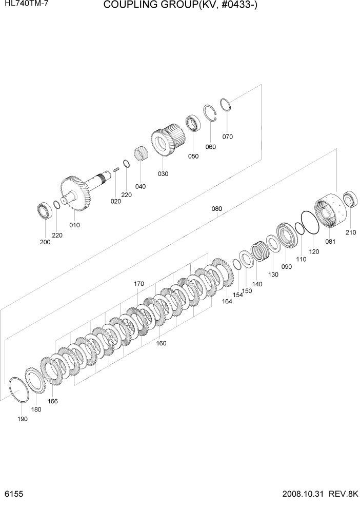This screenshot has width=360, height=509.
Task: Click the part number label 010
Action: pyautogui.click(x=74, y=225)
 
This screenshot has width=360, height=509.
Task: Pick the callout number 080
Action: pyautogui.click(x=217, y=209)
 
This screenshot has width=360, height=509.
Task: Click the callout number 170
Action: pyautogui.click(x=138, y=284)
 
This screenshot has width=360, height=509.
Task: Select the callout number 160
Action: pyautogui.click(x=161, y=343)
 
